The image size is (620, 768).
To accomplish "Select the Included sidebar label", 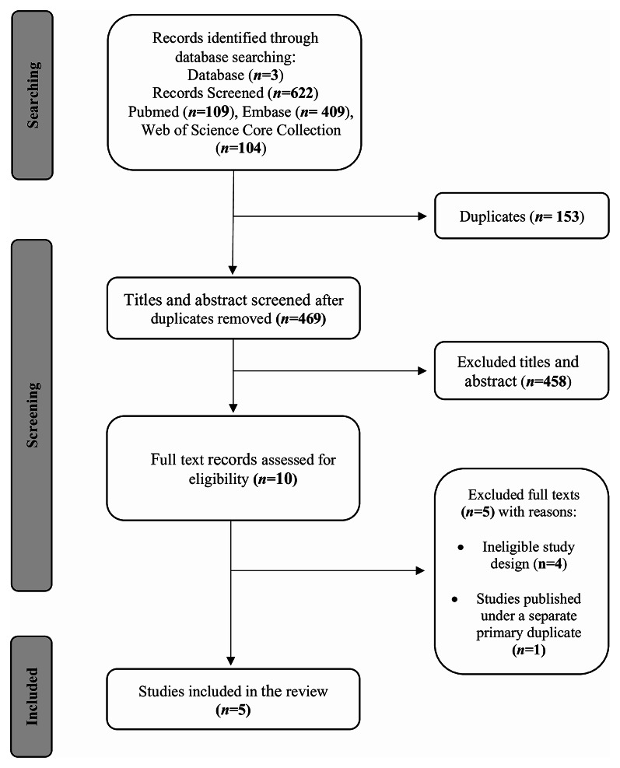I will pos(31,696).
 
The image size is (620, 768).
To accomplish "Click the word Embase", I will pos(264,112).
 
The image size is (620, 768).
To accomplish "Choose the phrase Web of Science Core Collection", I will pos(241,130).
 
